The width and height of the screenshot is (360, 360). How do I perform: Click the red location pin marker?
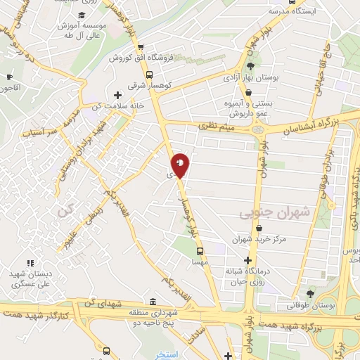pyautogui.click(x=180, y=165)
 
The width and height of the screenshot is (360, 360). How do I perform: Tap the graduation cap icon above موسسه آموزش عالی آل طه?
pyautogui.click(x=82, y=15)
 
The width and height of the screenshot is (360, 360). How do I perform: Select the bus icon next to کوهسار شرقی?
pyautogui.click(x=148, y=75)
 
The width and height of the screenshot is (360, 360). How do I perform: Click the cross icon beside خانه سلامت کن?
pyautogui.click(x=117, y=94)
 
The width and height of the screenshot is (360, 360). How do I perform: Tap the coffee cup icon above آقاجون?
pyautogui.click(x=9, y=77)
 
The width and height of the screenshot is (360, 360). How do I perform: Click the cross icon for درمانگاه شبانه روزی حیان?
pyautogui.click(x=247, y=261)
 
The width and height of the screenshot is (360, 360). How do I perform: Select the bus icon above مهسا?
pyautogui.click(x=200, y=250)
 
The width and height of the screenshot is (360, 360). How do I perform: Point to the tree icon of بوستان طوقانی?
pyautogui.click(x=310, y=294)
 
